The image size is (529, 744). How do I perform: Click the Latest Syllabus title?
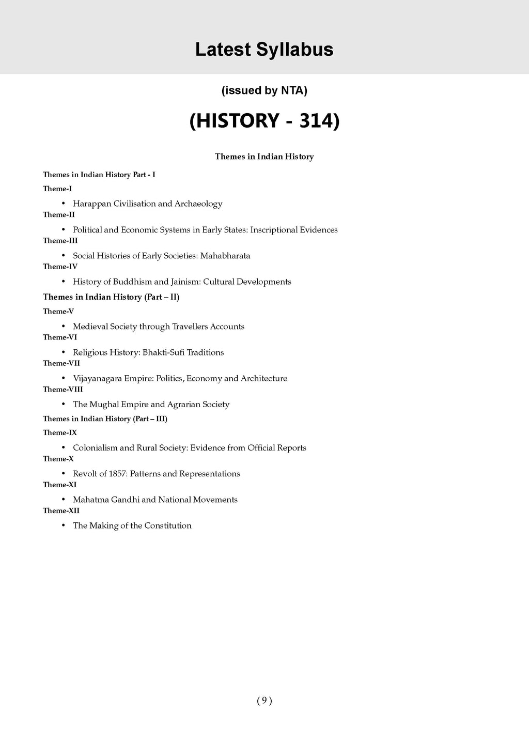pyautogui.click(x=264, y=50)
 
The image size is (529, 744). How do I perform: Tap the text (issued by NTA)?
pyautogui.click(x=264, y=91)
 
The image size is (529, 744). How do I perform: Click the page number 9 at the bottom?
pyautogui.click(x=264, y=701)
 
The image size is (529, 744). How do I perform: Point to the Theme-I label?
pyautogui.click(x=57, y=189)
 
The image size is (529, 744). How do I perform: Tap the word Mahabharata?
pyautogui.click(x=225, y=256)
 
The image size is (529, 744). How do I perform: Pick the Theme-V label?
pyautogui.click(x=58, y=311)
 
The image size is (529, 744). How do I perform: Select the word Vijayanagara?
pyautogui.click(x=97, y=378)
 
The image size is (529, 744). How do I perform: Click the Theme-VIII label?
pyautogui.click(x=63, y=389)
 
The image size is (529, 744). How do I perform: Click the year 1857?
pyautogui.click(x=118, y=474)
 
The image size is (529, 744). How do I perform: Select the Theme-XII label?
pyautogui.click(x=61, y=510)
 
